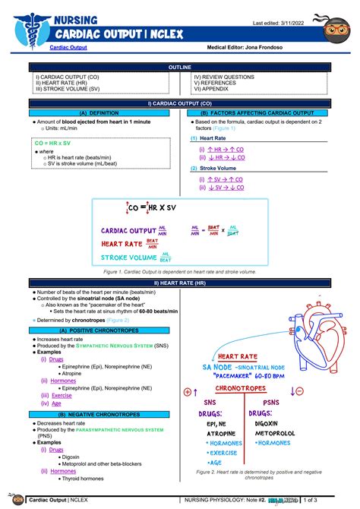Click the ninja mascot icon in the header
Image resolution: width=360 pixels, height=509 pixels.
(336, 28)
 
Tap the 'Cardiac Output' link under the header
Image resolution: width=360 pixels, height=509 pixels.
(68, 48)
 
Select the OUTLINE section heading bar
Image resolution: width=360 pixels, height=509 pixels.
(179, 68)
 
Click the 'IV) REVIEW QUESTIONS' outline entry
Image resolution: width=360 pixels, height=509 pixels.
(224, 77)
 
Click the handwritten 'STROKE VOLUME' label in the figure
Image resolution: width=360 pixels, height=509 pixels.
(128, 258)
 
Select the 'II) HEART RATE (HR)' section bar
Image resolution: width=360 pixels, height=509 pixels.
(179, 283)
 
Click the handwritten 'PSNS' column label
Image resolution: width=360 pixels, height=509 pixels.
(271, 402)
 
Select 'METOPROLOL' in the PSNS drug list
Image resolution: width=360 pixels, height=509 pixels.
(277, 433)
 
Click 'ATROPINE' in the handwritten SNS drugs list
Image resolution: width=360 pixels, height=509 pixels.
(221, 433)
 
